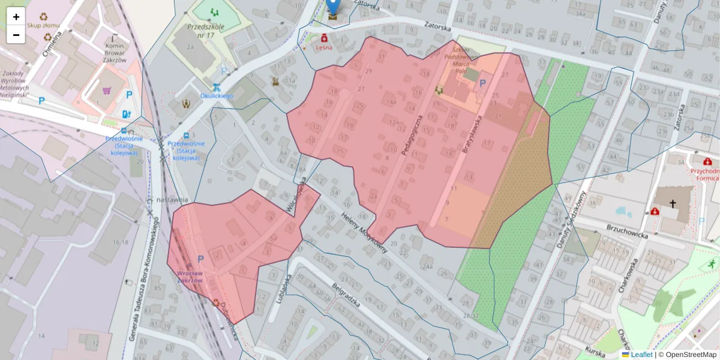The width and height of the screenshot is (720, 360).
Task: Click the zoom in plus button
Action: [x=16, y=17]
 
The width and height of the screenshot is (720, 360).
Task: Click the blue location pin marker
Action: [x=333, y=7]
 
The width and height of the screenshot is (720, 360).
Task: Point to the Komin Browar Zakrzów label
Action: [x=115, y=52]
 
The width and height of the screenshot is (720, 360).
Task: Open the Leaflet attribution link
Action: [x=641, y=355]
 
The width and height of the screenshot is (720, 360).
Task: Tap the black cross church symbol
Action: [x=673, y=204]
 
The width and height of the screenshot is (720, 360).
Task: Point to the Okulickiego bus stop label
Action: [x=217, y=95]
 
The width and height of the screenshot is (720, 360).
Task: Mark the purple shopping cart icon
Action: [x=107, y=91]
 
